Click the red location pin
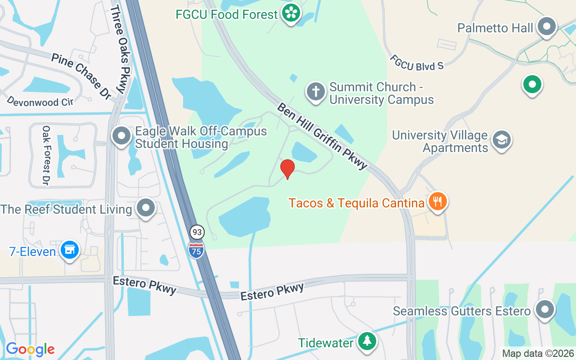pos(287,169)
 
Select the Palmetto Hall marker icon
pos(547,27)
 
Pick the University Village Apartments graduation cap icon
pos(501,140)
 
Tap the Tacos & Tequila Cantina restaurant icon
pos(436,201)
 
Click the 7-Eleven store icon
pos(70,250)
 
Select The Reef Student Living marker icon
pos(146,208)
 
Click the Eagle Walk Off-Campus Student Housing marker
pos(121,136)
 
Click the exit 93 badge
pos(196,232)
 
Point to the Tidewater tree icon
pos(368,342)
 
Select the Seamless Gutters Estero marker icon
pos(545,310)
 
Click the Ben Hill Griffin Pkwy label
pos(322,136)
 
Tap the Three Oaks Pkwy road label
pos(119,49)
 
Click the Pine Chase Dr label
pos(81,76)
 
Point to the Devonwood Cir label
pos(40,101)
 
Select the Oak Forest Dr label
pos(45,155)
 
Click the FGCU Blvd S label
pos(417,63)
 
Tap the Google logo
pos(30,349)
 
